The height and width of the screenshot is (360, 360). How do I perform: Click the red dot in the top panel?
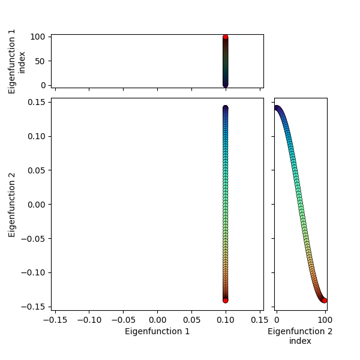(226, 37)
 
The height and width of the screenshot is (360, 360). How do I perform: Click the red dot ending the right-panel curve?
(325, 300)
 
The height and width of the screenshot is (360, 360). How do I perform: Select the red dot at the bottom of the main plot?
(226, 300)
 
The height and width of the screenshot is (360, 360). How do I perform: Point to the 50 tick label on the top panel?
(40, 61)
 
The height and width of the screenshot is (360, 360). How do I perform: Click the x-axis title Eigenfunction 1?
(157, 331)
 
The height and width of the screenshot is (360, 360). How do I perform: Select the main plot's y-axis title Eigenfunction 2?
(13, 204)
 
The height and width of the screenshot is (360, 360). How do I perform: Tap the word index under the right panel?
(300, 341)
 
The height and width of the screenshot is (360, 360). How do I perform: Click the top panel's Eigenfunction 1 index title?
(17, 61)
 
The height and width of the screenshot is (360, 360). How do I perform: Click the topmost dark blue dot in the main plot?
(226, 109)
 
